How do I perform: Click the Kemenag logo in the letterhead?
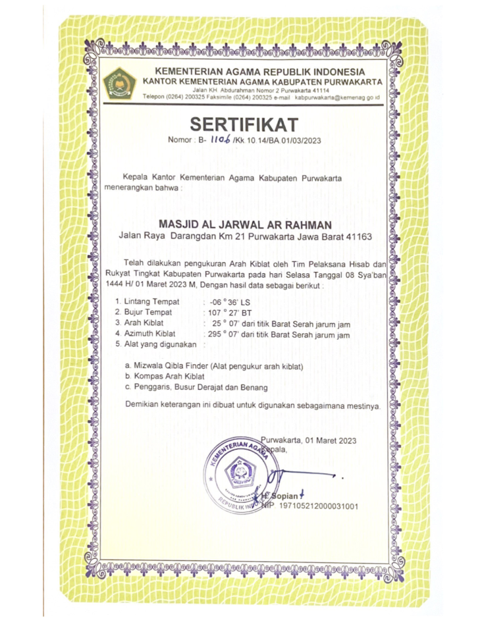[x=120, y=82]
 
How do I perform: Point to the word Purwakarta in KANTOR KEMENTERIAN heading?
[x=346, y=81]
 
